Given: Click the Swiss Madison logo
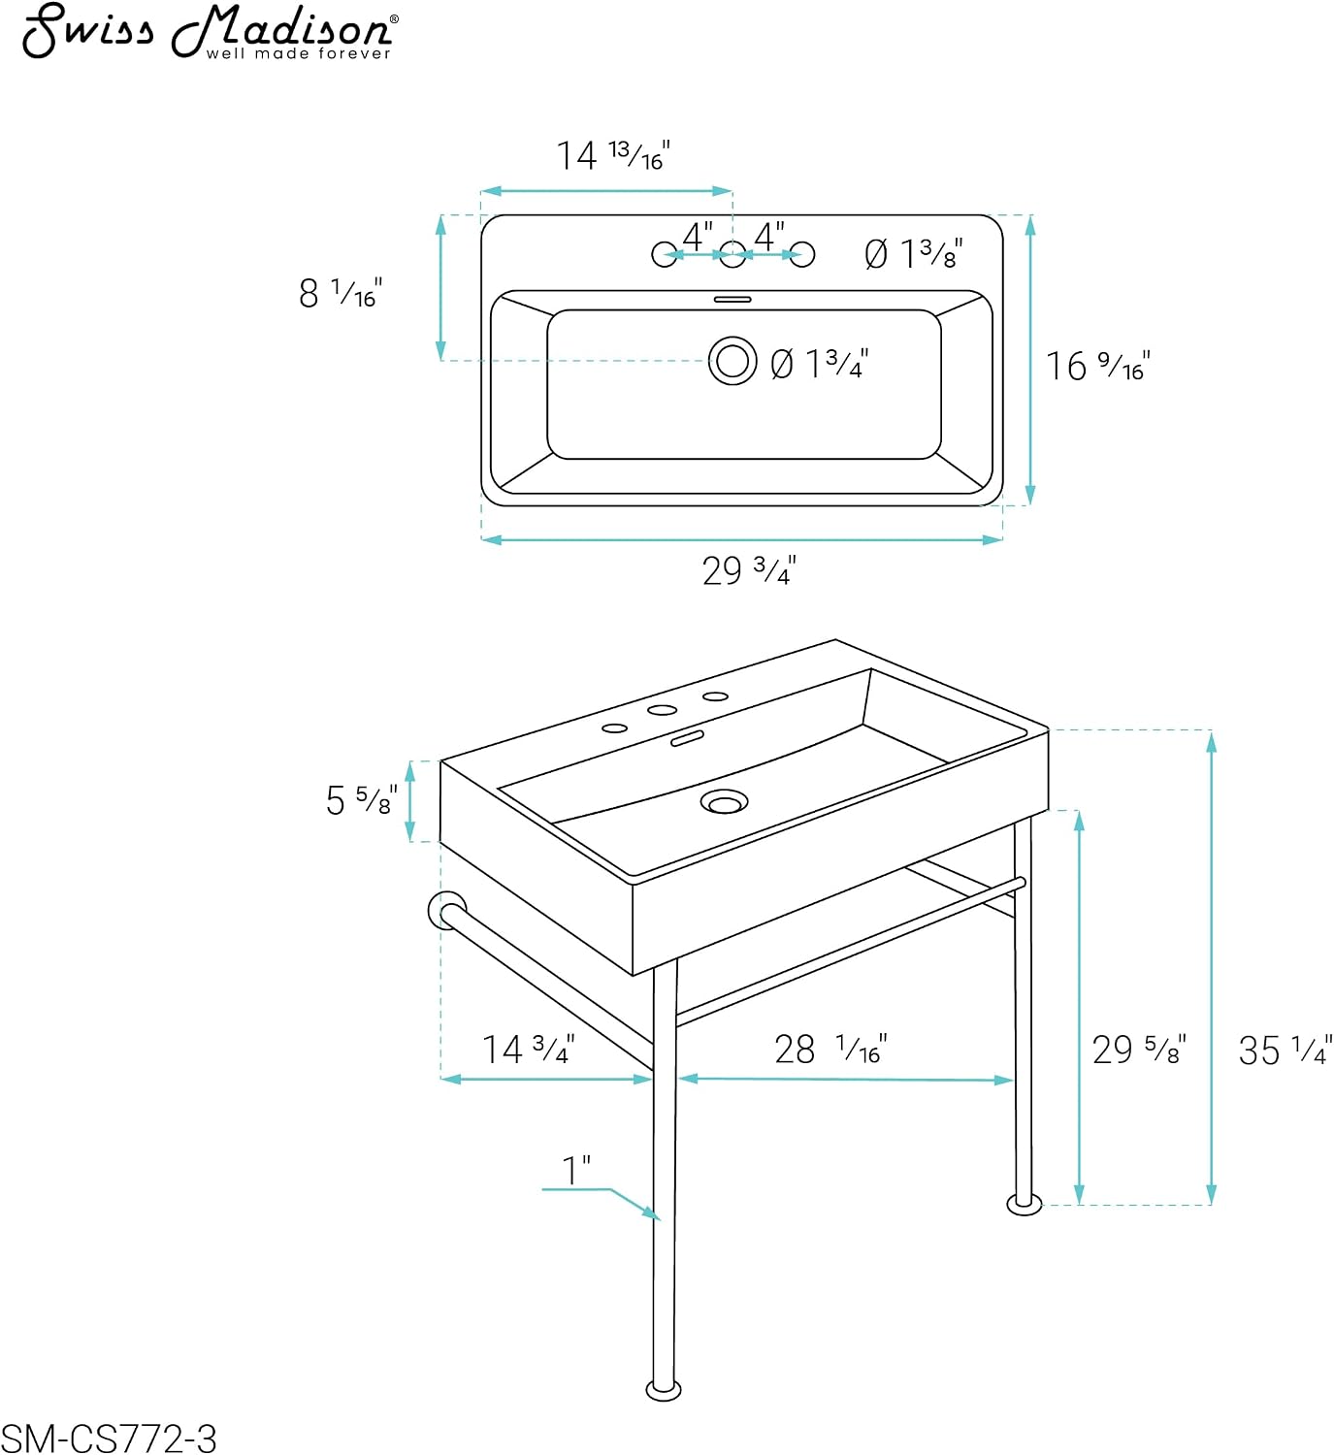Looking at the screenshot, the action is coord(211,31).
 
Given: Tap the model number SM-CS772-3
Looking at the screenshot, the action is coord(109,1439).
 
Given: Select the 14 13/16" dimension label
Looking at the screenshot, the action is coord(613,154).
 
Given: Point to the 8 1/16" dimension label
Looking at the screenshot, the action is coord(341,292).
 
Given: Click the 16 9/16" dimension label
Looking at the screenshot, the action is coord(1097,366).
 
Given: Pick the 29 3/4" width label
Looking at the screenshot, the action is coord(749,570).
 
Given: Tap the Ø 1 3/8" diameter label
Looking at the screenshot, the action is coord(914,254).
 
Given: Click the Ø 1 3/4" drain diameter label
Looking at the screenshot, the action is coord(820,364).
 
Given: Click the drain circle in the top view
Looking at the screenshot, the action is coord(732,361).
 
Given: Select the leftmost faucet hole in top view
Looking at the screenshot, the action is coord(665,254).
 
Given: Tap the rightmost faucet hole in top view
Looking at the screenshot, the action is coord(801,254).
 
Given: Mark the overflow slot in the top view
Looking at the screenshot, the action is coord(732,299).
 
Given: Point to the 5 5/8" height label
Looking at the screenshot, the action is coord(362,800).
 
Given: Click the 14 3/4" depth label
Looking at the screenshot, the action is coord(529,1049).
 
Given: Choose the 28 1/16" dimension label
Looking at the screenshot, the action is coord(831,1049).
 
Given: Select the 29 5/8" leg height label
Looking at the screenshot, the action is coord(1140,1050).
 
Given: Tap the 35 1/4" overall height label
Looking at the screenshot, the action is coord(1285,1051).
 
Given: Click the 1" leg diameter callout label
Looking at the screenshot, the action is coord(576,1170).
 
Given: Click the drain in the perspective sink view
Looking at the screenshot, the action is coord(724,801).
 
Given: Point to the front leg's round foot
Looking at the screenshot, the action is coord(664,1390).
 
